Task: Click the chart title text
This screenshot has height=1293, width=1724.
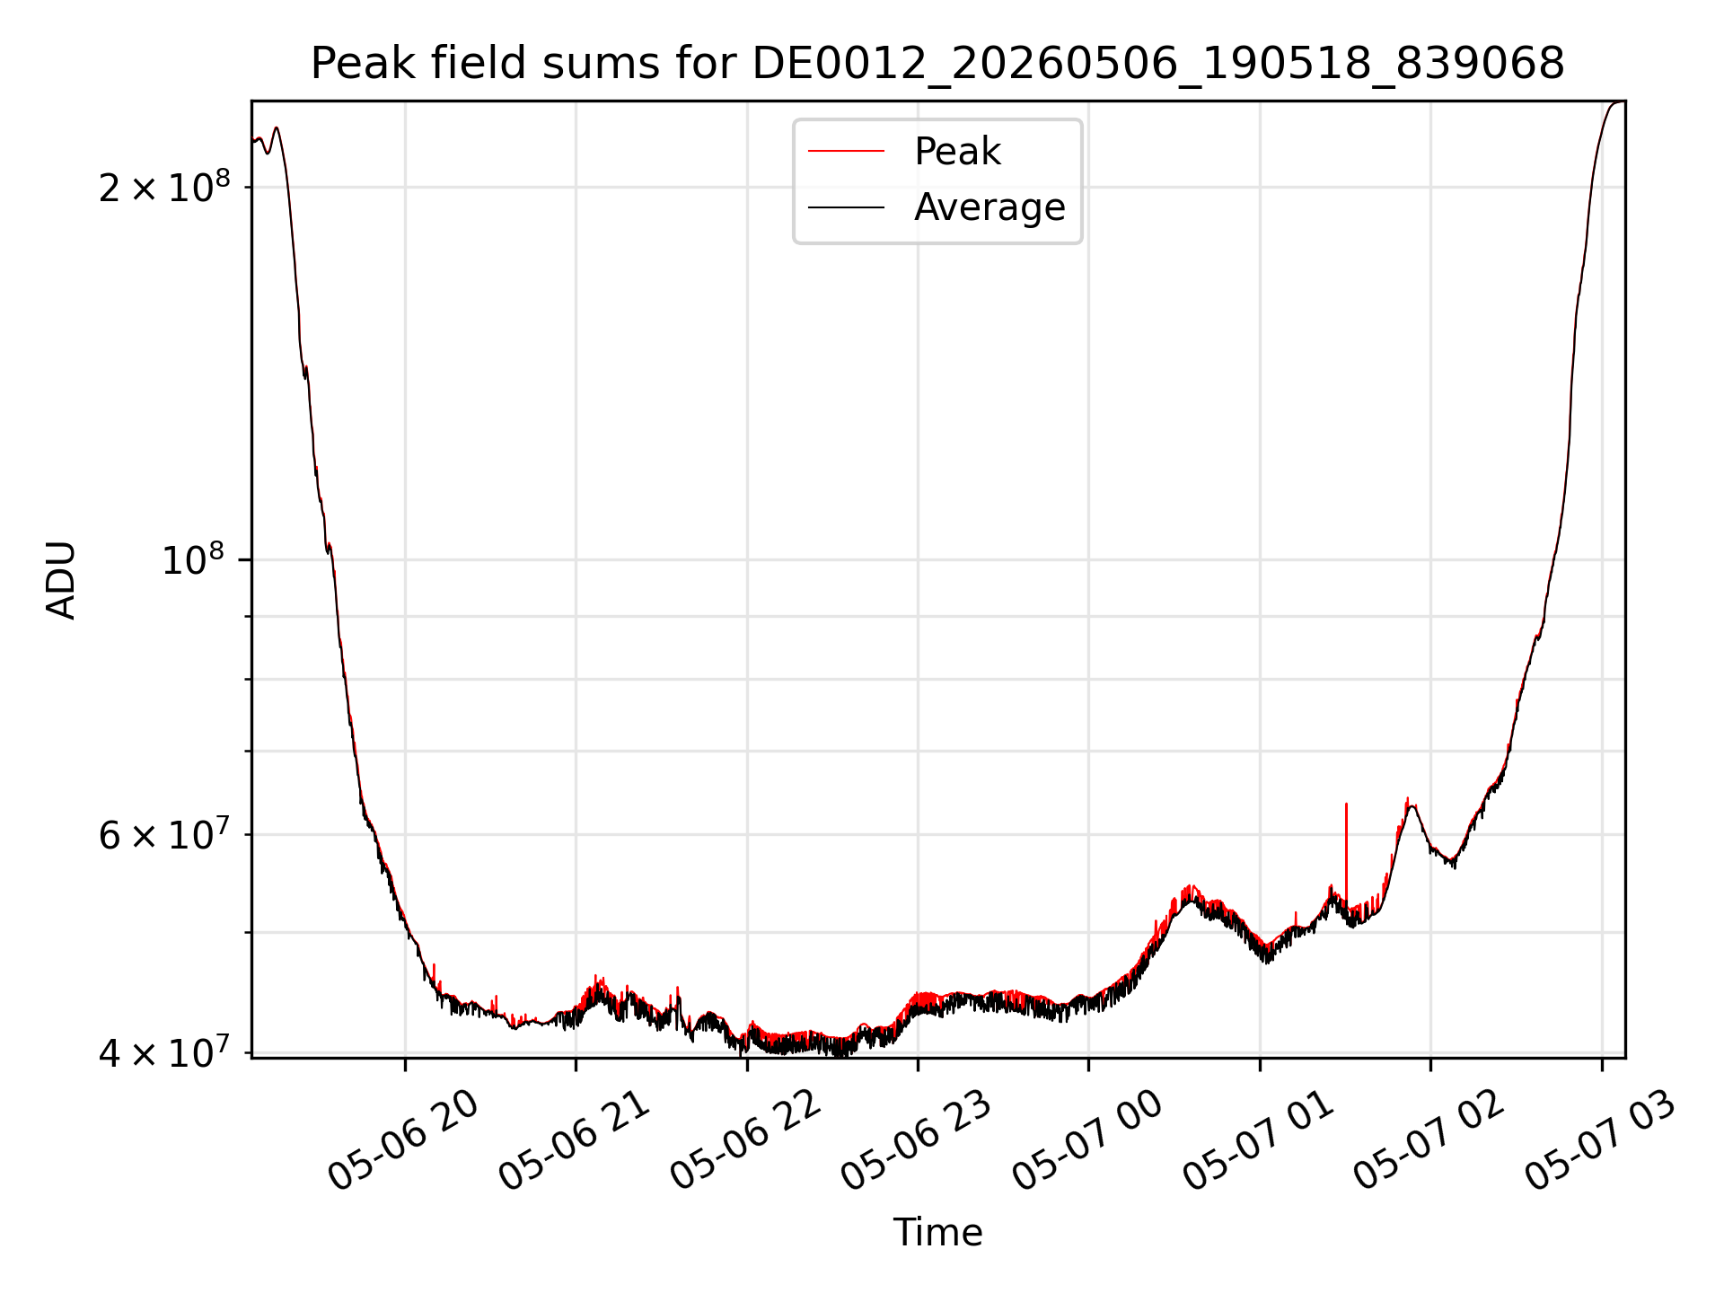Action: pyautogui.click(x=937, y=64)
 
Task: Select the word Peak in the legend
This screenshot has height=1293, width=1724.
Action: pyautogui.click(x=957, y=152)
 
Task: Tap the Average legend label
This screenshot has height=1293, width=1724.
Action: pyautogui.click(x=990, y=207)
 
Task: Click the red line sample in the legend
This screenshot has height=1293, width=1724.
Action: pyautogui.click(x=846, y=152)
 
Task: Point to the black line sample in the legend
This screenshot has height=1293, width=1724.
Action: pyautogui.click(x=846, y=207)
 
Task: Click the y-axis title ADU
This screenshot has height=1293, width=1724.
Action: pyautogui.click(x=61, y=580)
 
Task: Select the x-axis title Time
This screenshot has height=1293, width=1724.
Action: pyautogui.click(x=937, y=1232)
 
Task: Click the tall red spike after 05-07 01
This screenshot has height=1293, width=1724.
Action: pyautogui.click(x=1346, y=849)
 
